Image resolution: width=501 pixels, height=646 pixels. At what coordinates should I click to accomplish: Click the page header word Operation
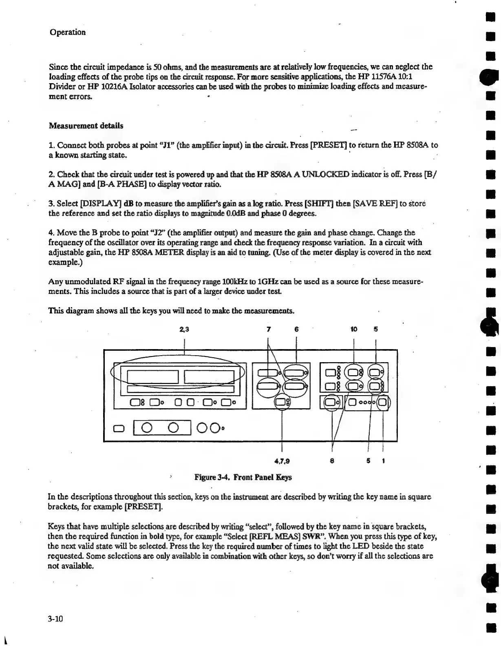pyautogui.click(x=68, y=32)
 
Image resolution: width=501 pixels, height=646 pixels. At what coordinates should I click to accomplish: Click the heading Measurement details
pyautogui.click(x=86, y=126)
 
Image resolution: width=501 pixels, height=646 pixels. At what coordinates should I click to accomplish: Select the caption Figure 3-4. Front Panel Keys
pyautogui.click(x=243, y=477)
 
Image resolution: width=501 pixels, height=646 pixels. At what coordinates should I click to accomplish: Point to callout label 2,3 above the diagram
pyautogui.click(x=184, y=330)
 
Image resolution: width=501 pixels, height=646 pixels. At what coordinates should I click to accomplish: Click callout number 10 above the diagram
pyautogui.click(x=353, y=330)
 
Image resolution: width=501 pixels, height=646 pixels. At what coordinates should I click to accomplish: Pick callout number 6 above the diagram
pyautogui.click(x=296, y=330)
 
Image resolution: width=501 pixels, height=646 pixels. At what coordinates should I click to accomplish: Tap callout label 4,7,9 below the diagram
pyautogui.click(x=282, y=461)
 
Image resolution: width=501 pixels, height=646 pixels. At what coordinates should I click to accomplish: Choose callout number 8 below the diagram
pyautogui.click(x=332, y=461)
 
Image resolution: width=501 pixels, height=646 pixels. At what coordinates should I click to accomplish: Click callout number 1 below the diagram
pyautogui.click(x=384, y=461)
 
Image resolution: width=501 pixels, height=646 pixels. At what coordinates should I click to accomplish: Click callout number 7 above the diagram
pyautogui.click(x=268, y=330)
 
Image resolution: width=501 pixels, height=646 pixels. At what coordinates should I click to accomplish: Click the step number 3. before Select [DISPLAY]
pyautogui.click(x=51, y=204)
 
